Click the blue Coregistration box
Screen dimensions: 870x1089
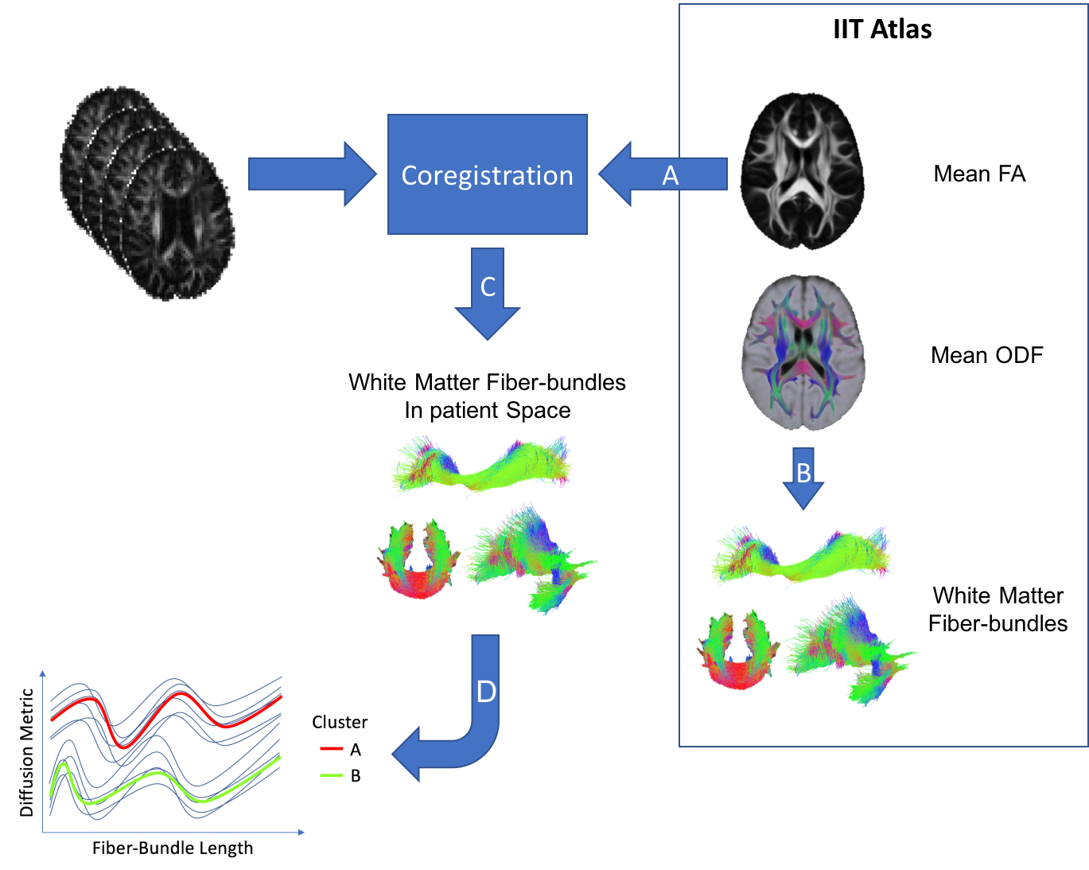[487, 174]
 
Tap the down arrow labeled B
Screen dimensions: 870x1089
[803, 478]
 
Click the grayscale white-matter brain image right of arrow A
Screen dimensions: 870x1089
[803, 170]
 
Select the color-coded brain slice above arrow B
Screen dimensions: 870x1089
[803, 352]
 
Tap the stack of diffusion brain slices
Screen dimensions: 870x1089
[148, 193]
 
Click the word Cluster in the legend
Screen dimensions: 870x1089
[340, 722]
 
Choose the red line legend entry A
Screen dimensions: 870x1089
[340, 749]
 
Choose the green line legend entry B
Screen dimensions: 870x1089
[340, 775]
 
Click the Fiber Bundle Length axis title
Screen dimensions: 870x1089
[173, 849]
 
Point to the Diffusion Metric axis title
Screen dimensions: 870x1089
[26, 752]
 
